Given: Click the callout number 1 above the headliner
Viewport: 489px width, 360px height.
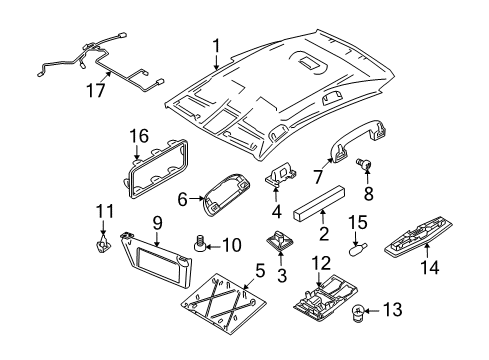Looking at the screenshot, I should [214, 44].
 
